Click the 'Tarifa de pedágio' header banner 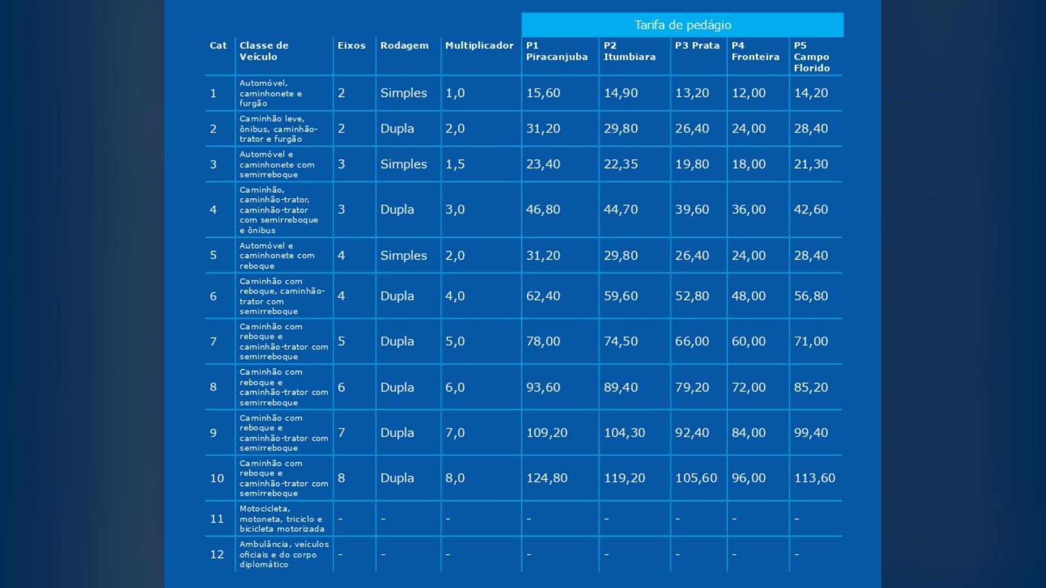click(x=682, y=25)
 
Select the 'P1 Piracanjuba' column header click(x=556, y=51)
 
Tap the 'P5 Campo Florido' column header click(x=811, y=57)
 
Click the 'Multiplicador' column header click(x=479, y=46)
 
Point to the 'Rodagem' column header click(x=404, y=46)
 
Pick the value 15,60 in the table click(x=543, y=93)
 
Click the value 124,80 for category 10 click(x=546, y=478)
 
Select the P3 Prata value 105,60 click(x=696, y=478)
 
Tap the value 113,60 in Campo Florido click(x=814, y=478)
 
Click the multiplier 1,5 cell click(x=455, y=164)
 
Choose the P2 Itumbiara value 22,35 click(x=621, y=164)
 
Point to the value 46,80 click(x=543, y=210)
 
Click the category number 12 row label click(x=217, y=554)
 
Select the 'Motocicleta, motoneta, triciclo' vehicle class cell click(x=282, y=519)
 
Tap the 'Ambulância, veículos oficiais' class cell click(x=284, y=554)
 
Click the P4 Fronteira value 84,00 click(x=748, y=433)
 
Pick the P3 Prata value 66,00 click(x=692, y=341)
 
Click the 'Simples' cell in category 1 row click(x=403, y=93)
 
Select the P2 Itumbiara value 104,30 click(x=624, y=433)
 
